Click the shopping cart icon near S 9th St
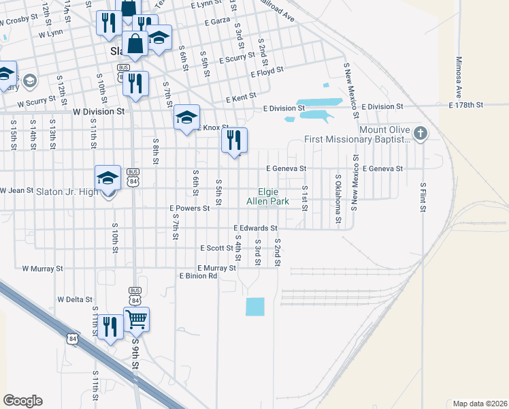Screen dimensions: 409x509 coord(137,318)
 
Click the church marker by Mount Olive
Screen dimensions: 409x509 coord(421,132)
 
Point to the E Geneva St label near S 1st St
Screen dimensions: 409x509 coord(286,168)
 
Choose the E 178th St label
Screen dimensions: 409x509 coord(461,106)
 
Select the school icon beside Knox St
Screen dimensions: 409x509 coord(186,117)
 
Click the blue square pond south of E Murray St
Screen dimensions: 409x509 coord(255,307)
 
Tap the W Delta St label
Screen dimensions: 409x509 coord(75,299)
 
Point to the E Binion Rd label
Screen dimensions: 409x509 coord(198,276)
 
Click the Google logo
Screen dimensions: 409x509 coord(22,401)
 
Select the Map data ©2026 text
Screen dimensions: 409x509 coord(480,404)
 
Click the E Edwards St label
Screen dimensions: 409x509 coord(255,228)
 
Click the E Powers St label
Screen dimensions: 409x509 coord(189,208)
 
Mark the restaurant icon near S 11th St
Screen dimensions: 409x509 coord(108,327)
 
